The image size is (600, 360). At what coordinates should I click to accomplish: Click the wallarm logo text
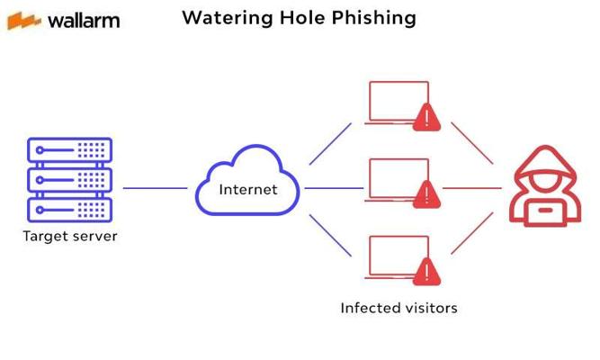pos(82,20)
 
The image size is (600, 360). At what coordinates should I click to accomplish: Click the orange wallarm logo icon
pos(24,20)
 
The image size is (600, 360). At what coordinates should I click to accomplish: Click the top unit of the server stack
pos(70,149)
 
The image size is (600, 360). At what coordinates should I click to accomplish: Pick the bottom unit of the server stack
pos(70,209)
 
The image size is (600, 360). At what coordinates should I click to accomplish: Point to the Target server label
pos(70,237)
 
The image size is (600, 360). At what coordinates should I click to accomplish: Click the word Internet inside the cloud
pos(248,190)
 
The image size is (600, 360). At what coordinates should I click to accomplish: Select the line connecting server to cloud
pos(155,189)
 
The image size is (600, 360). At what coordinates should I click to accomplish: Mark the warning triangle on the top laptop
pos(425,117)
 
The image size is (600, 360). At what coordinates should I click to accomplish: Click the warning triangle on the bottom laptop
pos(425,271)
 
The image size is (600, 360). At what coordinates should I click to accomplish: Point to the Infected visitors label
pos(399,308)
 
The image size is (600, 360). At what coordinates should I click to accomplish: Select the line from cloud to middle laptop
pos(334,189)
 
